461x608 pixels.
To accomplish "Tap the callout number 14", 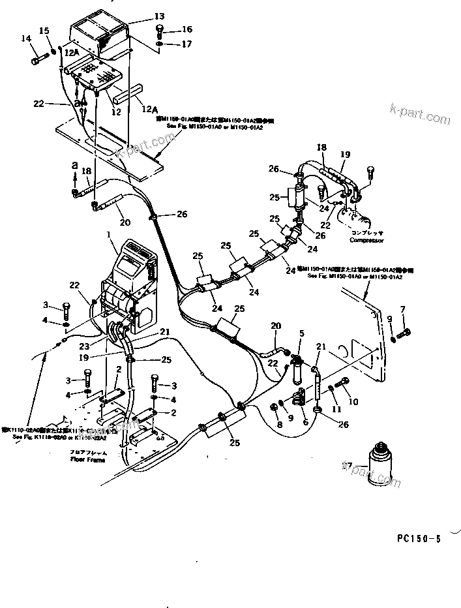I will [26, 39].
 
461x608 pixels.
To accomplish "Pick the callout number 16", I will [186, 29].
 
